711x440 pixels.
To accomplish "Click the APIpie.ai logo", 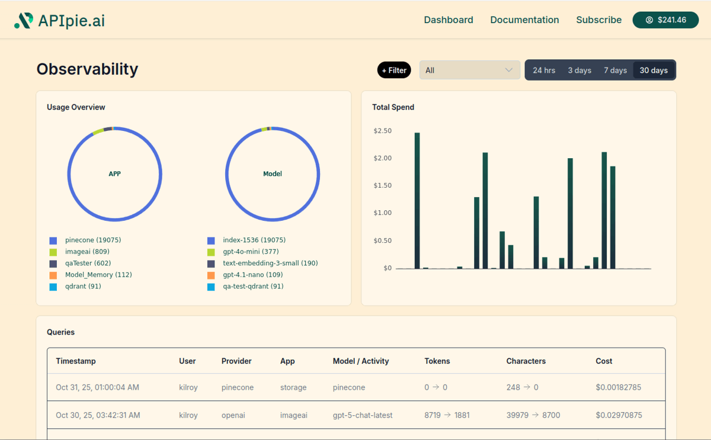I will (x=59, y=21).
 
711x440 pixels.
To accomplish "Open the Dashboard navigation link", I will (x=449, y=20).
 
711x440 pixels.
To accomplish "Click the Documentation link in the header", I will (x=524, y=20).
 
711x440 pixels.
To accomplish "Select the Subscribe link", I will (x=598, y=20).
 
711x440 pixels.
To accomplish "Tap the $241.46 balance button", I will (x=665, y=20).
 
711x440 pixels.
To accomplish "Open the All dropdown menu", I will (x=469, y=70).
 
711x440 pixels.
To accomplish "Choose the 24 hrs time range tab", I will (x=544, y=70).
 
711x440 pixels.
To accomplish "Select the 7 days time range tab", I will (x=615, y=70).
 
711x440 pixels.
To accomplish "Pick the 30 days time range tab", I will (x=654, y=70).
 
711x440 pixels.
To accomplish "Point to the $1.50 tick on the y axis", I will (x=382, y=185).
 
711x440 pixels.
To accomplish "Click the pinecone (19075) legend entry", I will (x=92, y=240).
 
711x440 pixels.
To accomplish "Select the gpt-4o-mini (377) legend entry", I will (x=251, y=252).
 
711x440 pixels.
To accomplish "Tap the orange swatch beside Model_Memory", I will (x=53, y=275).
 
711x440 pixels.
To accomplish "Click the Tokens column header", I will (x=437, y=361).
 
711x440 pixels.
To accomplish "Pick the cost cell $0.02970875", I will (x=619, y=415).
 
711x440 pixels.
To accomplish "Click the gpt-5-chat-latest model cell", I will (x=363, y=415).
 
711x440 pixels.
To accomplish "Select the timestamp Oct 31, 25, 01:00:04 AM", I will (x=97, y=387).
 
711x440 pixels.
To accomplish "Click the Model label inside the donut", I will (x=273, y=174).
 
